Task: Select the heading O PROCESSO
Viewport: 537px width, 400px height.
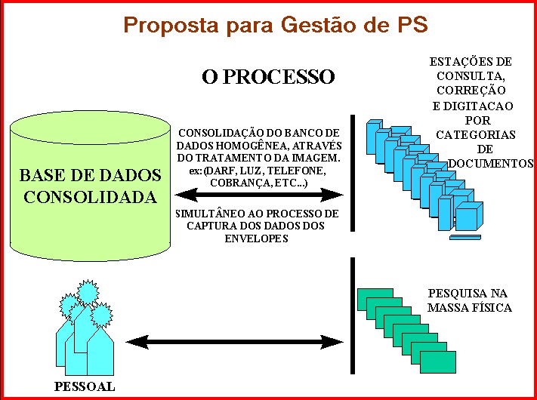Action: click(268, 77)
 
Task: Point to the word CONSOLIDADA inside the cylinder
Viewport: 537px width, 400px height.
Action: click(91, 198)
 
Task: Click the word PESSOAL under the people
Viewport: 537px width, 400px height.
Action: click(85, 387)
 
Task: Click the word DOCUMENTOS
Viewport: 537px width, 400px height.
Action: click(491, 163)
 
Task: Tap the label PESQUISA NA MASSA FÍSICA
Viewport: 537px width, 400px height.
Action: click(469, 300)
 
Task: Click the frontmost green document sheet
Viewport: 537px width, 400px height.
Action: click(438, 362)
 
